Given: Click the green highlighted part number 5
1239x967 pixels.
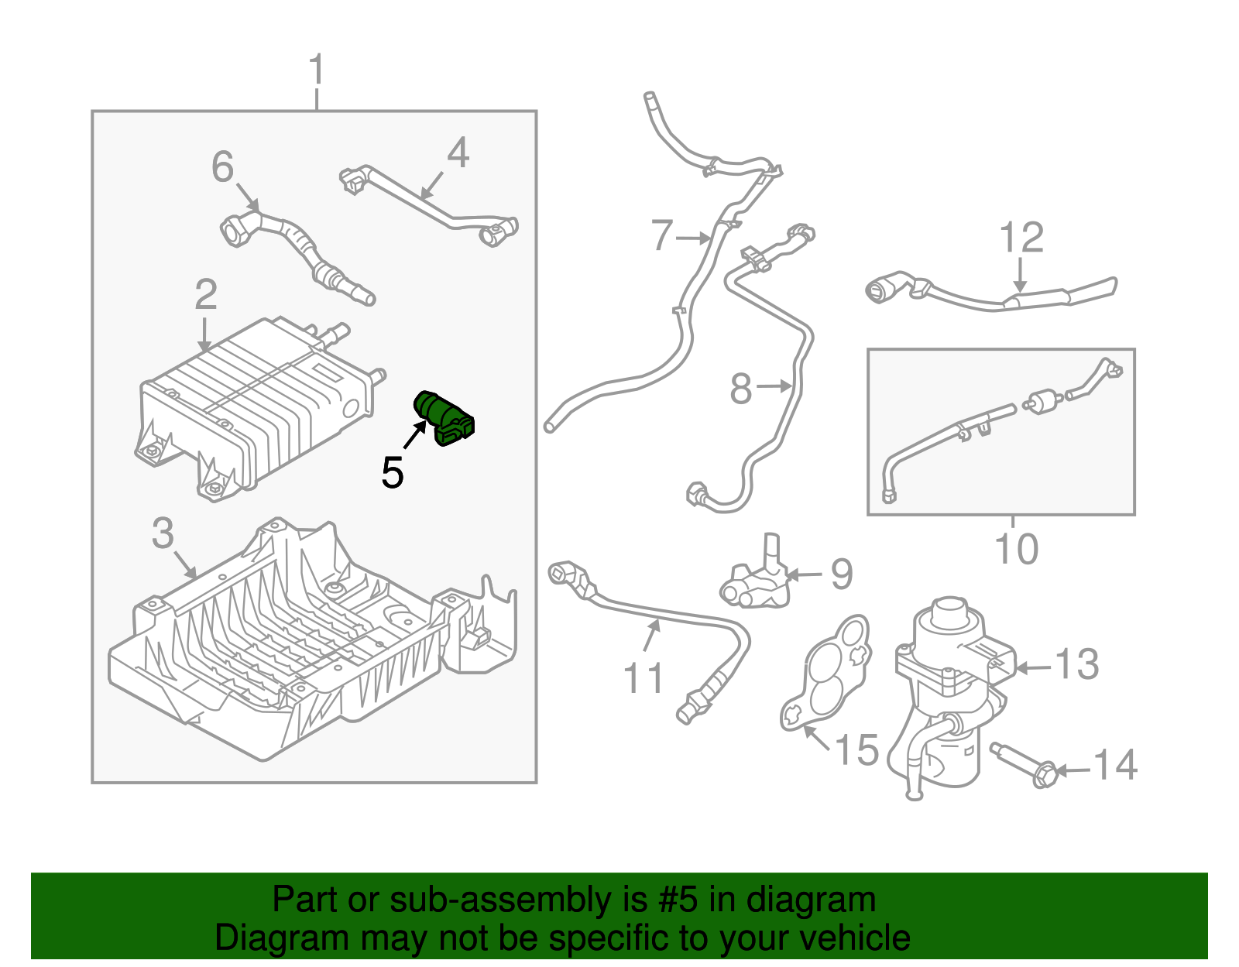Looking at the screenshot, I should point(444,418).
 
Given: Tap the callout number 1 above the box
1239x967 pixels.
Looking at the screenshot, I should point(316,70).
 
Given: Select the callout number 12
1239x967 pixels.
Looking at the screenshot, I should point(1021,238).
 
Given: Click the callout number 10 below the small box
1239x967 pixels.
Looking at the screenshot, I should point(1016,550).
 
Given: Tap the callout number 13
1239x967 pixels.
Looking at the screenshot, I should point(1076,664).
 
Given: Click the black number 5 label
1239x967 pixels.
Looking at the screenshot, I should point(393,472).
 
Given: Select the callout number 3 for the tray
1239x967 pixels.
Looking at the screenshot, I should point(163,533).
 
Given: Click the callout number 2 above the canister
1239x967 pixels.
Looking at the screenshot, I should point(205,295).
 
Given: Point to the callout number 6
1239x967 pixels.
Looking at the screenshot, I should point(222,167).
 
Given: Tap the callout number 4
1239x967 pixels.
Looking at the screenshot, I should point(458,153).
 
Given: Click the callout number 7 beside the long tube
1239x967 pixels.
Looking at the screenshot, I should point(662,235).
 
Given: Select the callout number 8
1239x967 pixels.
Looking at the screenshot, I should point(741,388).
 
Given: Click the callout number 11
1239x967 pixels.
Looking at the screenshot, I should point(643,678).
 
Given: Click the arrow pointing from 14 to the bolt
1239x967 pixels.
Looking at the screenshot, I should point(1073,770).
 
